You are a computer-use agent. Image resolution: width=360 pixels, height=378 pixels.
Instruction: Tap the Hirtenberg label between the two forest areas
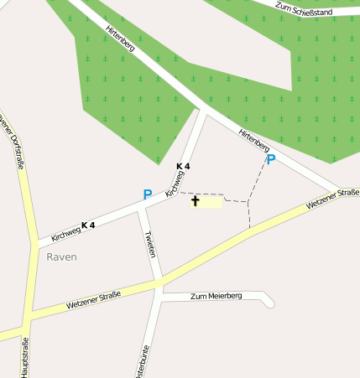[x=121, y=39]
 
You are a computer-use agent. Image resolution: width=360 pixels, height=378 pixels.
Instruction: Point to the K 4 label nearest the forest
[x=183, y=166]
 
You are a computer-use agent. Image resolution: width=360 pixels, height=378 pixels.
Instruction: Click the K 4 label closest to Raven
[x=88, y=225]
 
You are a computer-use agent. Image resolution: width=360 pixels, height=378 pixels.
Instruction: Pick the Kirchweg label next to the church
[x=174, y=185]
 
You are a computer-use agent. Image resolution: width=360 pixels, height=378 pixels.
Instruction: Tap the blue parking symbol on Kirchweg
[x=148, y=194]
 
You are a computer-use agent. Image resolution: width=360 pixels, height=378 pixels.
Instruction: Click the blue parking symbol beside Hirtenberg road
[x=270, y=158]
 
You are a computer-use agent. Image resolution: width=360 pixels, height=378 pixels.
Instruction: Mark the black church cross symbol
[x=196, y=201]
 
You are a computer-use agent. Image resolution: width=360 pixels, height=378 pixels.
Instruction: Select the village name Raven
[x=61, y=256]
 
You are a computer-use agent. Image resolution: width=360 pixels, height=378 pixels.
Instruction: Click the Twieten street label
[x=150, y=243]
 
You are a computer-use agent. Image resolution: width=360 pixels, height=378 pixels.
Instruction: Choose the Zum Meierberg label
[x=216, y=296]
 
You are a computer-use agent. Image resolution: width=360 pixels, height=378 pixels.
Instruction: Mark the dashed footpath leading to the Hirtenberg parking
[x=260, y=180]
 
